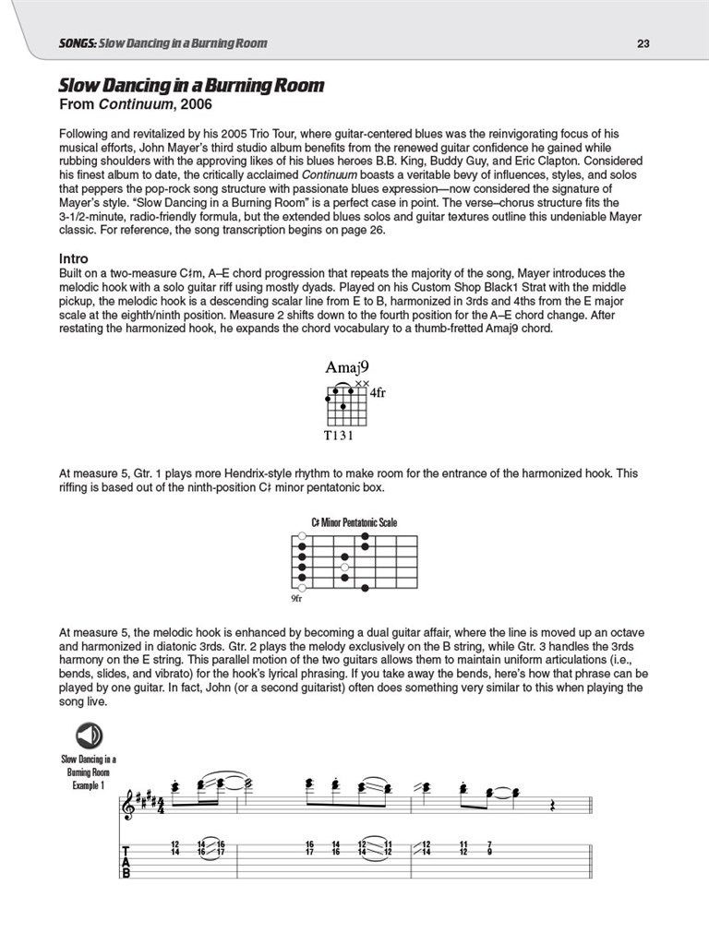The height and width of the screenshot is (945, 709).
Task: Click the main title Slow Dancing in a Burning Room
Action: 192,87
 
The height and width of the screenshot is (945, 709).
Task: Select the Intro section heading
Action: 73,259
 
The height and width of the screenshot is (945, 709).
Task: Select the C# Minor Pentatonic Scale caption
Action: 354,522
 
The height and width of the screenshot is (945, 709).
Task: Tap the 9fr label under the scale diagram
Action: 296,599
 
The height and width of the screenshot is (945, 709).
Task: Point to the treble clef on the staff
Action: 128,807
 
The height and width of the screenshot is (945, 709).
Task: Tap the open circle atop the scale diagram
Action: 301,535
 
